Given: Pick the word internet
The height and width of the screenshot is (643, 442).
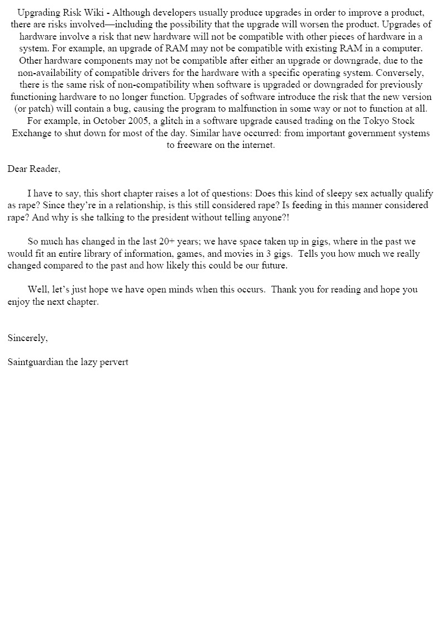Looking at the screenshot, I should [259, 145].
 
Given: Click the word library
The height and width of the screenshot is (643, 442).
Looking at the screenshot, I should [103, 253].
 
